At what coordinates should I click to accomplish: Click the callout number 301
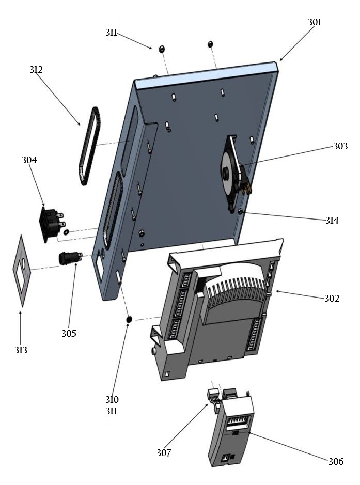[x=315, y=22]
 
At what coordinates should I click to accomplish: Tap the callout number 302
[x=332, y=298]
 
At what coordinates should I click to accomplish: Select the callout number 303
[x=340, y=147]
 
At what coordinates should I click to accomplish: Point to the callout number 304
[x=29, y=160]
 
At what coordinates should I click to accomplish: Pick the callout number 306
[x=335, y=461]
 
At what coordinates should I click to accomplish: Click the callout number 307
[x=164, y=453]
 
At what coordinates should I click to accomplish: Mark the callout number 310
[x=112, y=399]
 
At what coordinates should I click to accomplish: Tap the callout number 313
[x=21, y=350]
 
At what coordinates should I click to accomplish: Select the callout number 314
[x=332, y=221]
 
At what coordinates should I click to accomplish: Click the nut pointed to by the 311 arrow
[x=160, y=49]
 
